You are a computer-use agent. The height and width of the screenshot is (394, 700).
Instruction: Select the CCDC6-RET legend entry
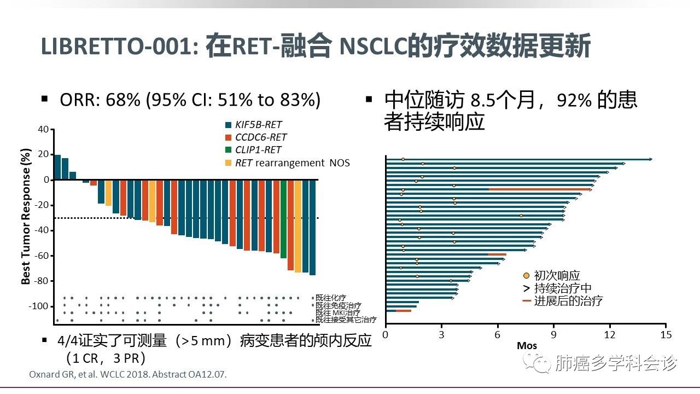click(x=260, y=137)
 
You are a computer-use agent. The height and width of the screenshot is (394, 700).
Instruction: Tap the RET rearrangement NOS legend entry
click(x=292, y=163)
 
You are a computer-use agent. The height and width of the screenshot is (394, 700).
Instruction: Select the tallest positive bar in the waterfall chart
click(x=57, y=167)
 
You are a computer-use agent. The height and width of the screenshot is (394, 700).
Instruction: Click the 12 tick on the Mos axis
click(x=609, y=334)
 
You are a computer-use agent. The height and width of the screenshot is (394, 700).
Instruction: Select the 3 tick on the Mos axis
click(x=441, y=334)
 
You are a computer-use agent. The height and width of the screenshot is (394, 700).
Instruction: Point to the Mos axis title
click(x=527, y=346)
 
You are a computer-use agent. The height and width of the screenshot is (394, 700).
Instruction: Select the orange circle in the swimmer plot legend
click(x=526, y=276)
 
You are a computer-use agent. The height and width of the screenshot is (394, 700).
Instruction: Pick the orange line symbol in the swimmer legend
click(x=527, y=300)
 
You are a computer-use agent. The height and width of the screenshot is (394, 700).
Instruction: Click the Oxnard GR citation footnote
click(x=126, y=374)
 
